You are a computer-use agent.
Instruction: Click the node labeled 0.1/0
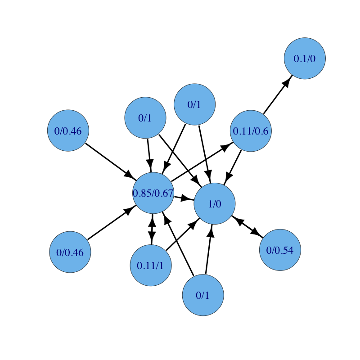pos(305,58)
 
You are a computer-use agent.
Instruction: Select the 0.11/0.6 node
pos(251,131)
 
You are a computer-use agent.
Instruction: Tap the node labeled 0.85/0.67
pos(153,193)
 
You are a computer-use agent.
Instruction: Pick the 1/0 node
pos(215,203)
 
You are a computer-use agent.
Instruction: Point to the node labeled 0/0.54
pos(280,250)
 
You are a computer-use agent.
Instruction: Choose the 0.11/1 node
pos(151,265)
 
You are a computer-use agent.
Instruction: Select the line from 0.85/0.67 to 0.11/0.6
pos(198,165)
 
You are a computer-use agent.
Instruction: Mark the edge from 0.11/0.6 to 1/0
pos(234,164)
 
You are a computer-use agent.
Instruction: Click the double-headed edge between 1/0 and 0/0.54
pos(247,226)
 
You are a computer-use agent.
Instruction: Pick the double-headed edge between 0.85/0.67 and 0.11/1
pos(152,229)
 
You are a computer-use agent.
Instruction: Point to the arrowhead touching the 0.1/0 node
pos(286,84)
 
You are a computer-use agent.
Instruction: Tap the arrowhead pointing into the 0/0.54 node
pos(257,234)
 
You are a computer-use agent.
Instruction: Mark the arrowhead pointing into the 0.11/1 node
pos(152,239)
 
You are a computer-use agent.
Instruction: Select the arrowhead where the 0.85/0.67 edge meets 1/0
pos(189,199)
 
